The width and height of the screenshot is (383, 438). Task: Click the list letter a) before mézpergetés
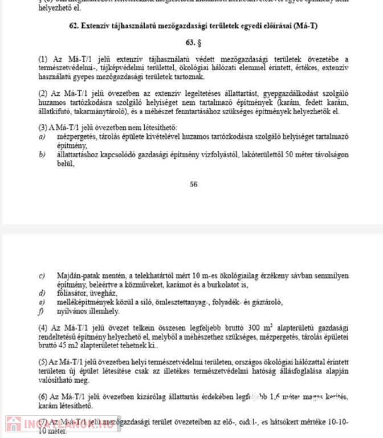(42, 137)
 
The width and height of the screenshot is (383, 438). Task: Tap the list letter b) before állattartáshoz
(42, 154)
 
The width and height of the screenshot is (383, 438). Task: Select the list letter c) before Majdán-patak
(42, 277)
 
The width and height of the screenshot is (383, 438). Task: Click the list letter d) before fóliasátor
(42, 293)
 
